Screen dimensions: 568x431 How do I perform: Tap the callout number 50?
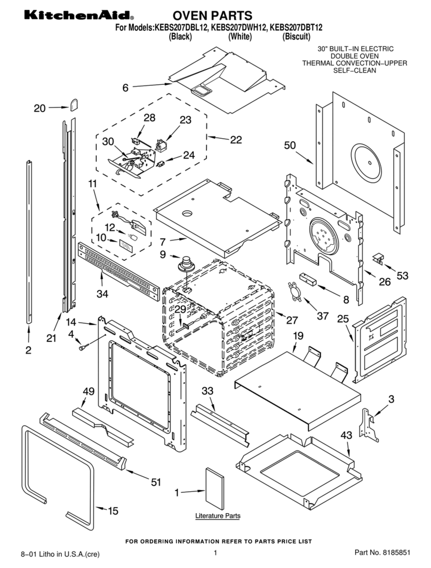[290, 145]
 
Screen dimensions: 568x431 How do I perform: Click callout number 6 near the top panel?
[125, 88]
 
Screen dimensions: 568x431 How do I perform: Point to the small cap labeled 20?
[74, 103]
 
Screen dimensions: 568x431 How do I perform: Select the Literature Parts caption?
[217, 516]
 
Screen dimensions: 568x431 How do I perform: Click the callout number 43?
[346, 435]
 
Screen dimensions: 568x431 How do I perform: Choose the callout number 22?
[235, 140]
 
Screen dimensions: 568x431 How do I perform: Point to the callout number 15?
[113, 510]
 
